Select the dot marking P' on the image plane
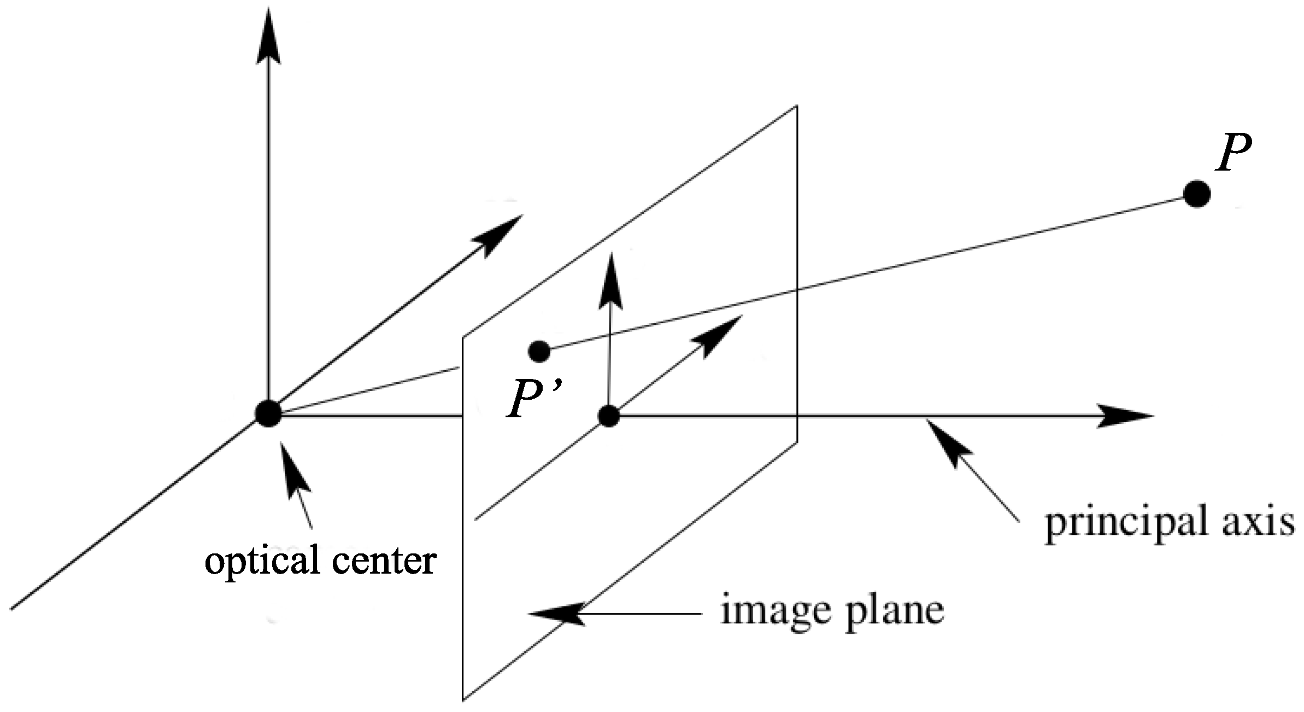click(x=539, y=351)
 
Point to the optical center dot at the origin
click(x=268, y=414)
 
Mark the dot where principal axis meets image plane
click(x=608, y=417)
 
